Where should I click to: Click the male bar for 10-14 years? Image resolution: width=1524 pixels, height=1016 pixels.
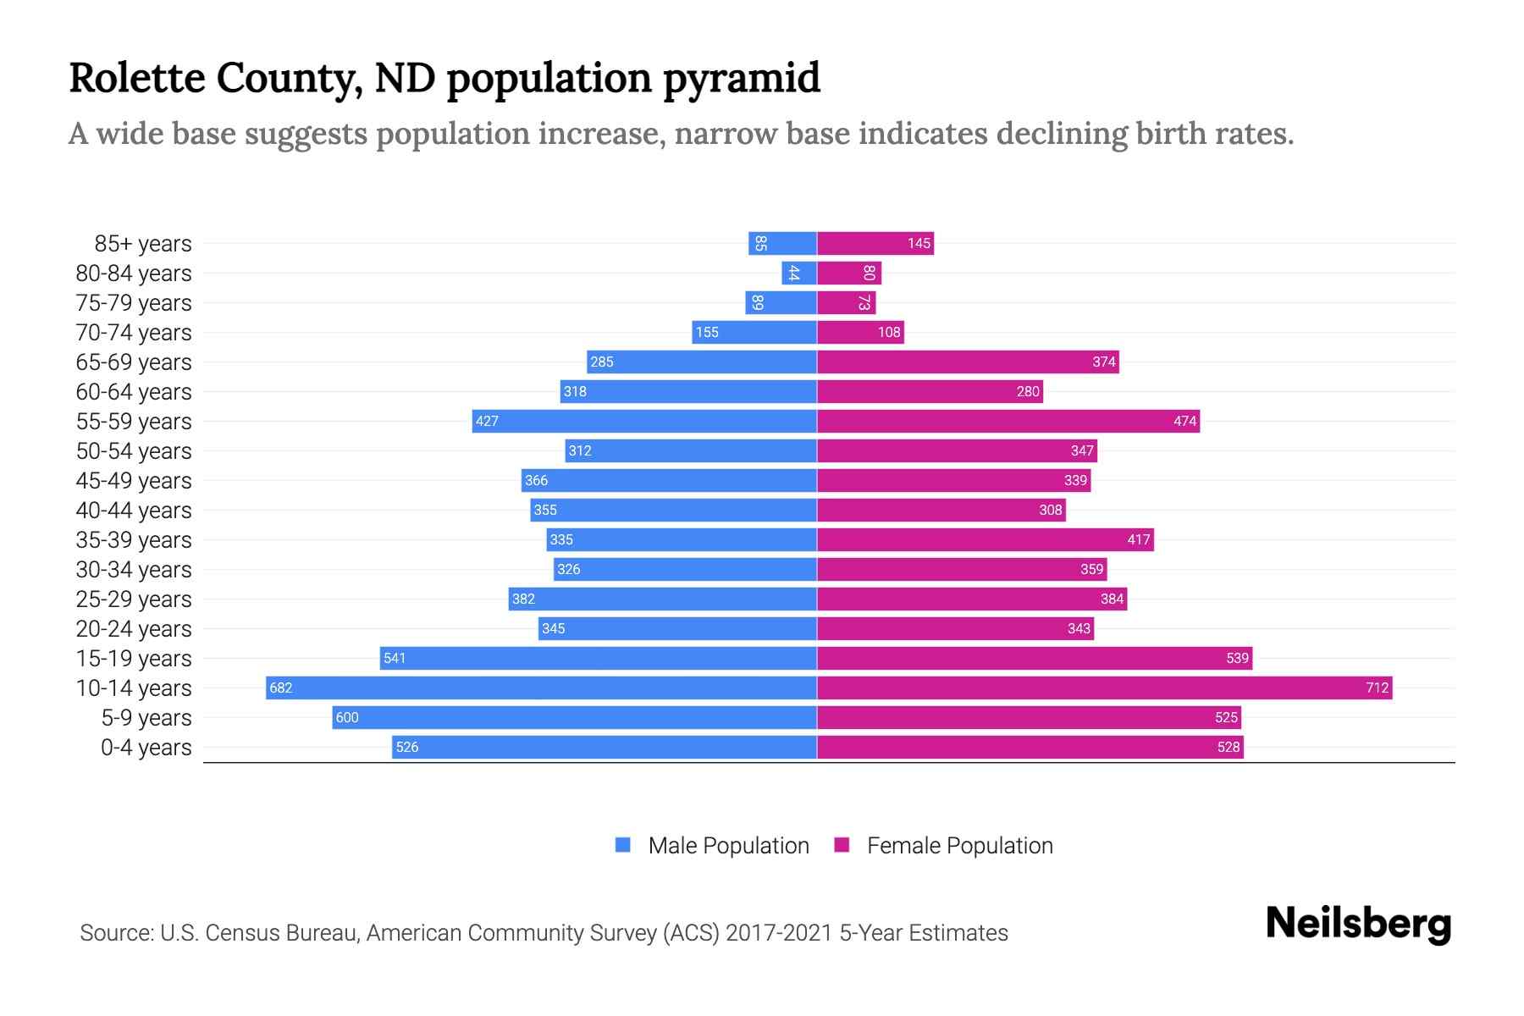pyautogui.click(x=542, y=687)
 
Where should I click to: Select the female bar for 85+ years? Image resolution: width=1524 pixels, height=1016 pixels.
pyautogui.click(x=875, y=244)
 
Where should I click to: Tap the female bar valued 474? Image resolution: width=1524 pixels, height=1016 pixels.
pyautogui.click(x=1008, y=422)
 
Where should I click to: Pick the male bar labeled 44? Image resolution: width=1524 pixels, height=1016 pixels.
pyautogui.click(x=799, y=273)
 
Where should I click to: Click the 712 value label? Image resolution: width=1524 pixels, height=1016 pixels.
pyautogui.click(x=1377, y=687)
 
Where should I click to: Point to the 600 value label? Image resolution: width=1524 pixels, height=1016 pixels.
pyautogui.click(x=347, y=718)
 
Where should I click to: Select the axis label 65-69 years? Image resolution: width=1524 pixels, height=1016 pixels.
pyautogui.click(x=134, y=362)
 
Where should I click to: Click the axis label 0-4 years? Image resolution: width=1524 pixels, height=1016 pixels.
pyautogui.click(x=146, y=748)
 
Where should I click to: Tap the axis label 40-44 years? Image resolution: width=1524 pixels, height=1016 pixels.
pyautogui.click(x=134, y=511)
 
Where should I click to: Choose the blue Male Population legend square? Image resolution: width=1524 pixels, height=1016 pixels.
pyautogui.click(x=623, y=845)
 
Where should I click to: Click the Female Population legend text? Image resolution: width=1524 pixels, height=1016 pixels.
pyautogui.click(x=959, y=846)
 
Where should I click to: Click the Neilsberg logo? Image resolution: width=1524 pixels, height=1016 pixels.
pyautogui.click(x=1358, y=924)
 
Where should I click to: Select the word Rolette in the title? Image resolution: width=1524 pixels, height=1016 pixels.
pyautogui.click(x=137, y=78)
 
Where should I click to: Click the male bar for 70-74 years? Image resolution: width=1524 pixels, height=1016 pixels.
pyautogui.click(x=754, y=333)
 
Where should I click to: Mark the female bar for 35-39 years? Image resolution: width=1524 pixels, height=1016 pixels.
pyautogui.click(x=985, y=540)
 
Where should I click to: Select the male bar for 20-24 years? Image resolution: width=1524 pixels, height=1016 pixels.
pyautogui.click(x=677, y=629)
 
